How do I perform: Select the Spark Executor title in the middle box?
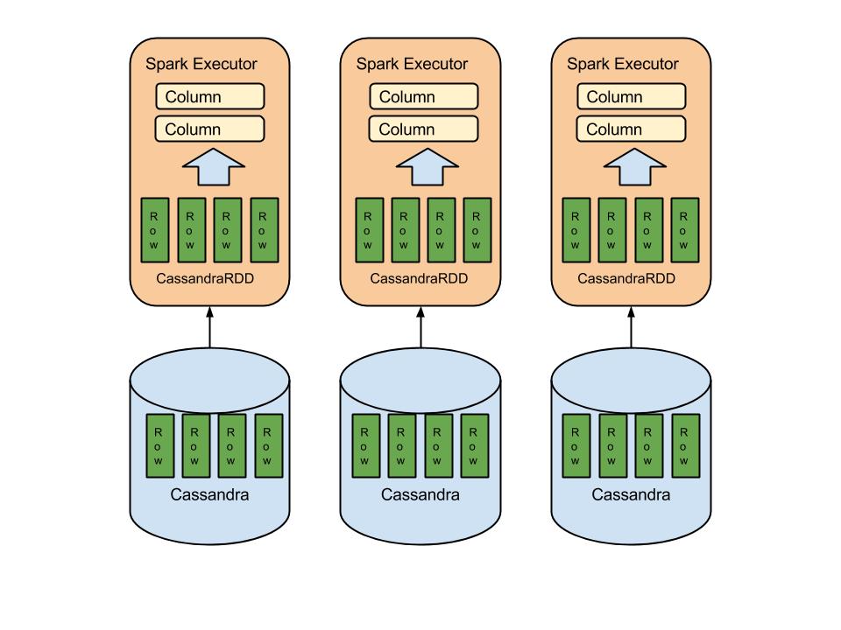pyautogui.click(x=412, y=64)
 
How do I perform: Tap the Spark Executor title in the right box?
pyautogui.click(x=623, y=64)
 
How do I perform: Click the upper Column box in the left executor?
pyautogui.click(x=210, y=96)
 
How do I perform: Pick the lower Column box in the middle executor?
pyautogui.click(x=424, y=129)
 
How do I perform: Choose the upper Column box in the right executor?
pyautogui.click(x=631, y=96)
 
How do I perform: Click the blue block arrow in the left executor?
pyautogui.click(x=209, y=168)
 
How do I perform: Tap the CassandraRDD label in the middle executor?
pyautogui.click(x=420, y=279)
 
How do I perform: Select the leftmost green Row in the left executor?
pyautogui.click(x=155, y=230)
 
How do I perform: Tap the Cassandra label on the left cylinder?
pyautogui.click(x=209, y=494)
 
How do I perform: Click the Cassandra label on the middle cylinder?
pyautogui.click(x=420, y=494)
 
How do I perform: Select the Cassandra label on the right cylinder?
pyautogui.click(x=631, y=494)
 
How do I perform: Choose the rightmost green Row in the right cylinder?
pyautogui.click(x=685, y=445)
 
